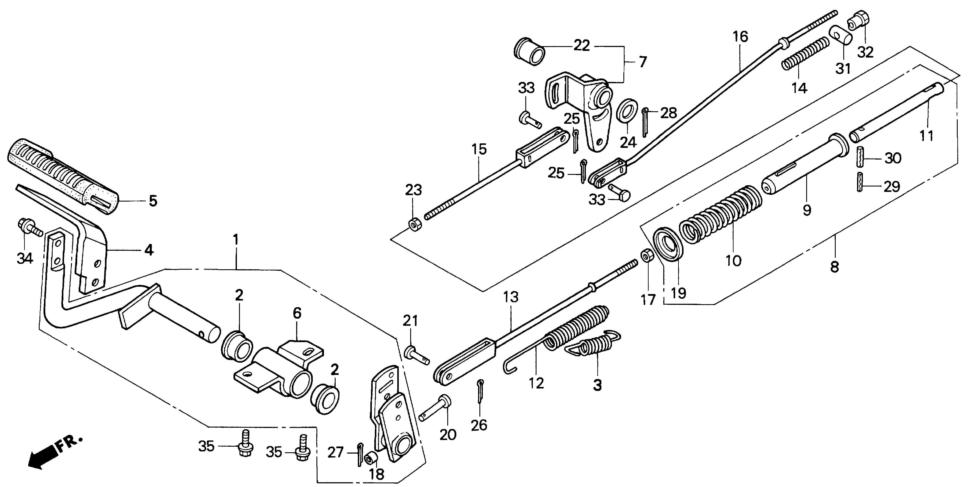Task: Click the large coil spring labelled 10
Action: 719,215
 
